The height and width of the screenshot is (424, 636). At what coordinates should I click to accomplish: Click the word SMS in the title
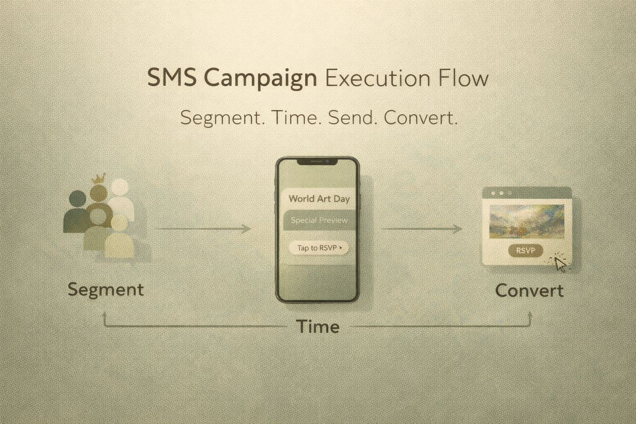point(172,77)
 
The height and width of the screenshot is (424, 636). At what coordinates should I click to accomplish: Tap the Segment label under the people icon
point(106,290)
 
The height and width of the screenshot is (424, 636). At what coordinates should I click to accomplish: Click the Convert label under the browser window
point(529,291)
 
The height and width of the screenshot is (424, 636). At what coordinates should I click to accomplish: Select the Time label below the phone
point(318,327)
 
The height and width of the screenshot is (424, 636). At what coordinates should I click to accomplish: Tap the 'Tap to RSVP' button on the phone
point(318,248)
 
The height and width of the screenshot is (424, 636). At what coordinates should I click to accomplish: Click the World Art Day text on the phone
point(319,198)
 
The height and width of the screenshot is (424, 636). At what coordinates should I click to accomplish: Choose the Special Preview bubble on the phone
point(320,220)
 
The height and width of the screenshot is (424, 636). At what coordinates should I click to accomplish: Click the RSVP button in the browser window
point(525,251)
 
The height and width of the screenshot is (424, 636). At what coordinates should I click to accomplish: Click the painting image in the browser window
point(527,221)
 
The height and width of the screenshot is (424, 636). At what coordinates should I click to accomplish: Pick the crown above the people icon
point(98,178)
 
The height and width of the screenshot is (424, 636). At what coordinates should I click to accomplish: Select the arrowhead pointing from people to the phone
point(246,229)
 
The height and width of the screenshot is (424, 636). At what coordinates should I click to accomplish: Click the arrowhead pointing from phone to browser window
point(458,229)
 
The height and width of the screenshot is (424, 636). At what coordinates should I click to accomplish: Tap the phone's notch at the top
point(318,161)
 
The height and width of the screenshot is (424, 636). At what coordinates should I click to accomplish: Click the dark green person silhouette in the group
point(76,212)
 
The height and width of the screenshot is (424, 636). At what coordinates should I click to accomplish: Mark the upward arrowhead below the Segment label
point(104,315)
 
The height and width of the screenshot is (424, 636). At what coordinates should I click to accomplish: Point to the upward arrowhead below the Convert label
point(530,315)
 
